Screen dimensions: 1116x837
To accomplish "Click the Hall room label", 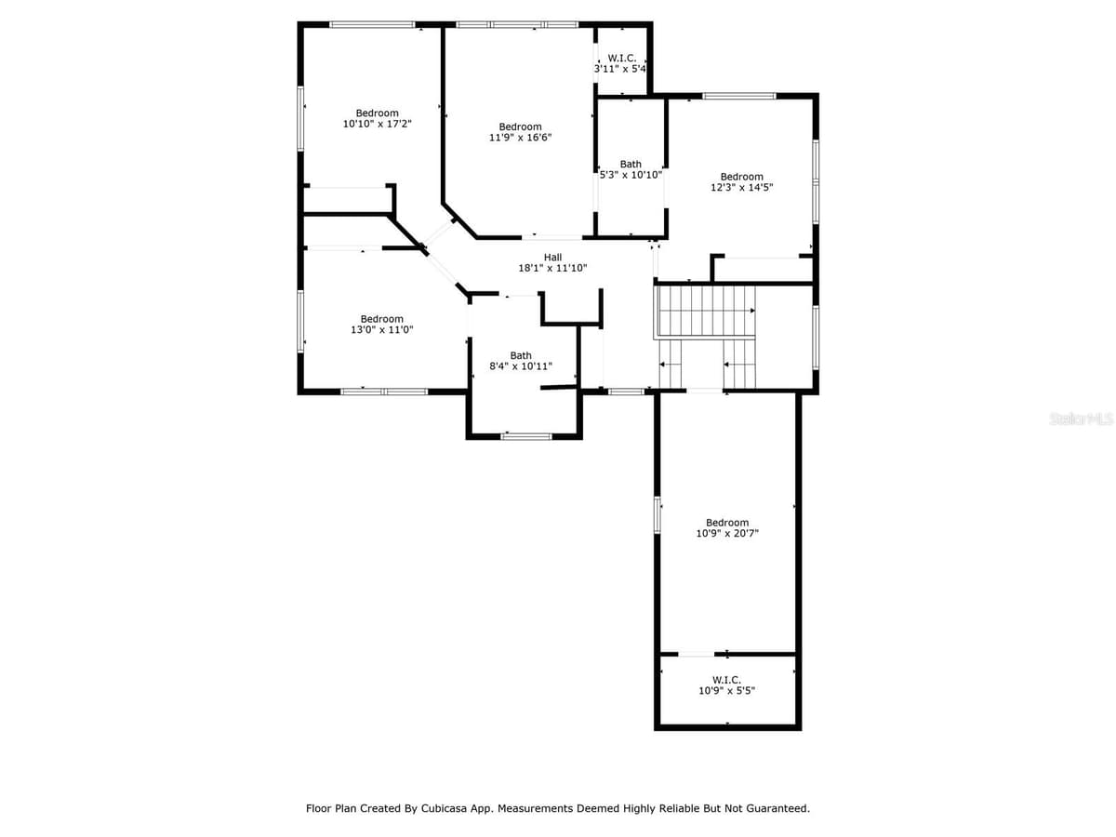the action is [552, 258].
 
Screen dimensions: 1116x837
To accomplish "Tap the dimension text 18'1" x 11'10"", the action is [552, 268].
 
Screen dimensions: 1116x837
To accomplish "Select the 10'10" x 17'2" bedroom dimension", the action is [377, 124].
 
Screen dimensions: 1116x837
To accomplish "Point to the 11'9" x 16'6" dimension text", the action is [520, 138].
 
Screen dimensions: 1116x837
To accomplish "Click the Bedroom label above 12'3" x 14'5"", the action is [742, 177].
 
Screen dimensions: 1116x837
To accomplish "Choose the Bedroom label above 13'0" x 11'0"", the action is [382, 319].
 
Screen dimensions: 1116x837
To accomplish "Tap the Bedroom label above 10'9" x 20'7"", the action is [727, 523].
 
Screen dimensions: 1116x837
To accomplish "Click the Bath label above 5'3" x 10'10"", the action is [631, 165].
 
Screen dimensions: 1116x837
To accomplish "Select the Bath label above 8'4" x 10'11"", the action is [521, 356].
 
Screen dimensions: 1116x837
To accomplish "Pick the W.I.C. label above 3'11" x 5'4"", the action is [622, 59].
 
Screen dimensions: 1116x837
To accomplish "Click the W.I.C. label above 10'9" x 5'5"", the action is [726, 680].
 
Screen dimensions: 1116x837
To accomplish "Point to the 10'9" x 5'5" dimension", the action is [726, 691].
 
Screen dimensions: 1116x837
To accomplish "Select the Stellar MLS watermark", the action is [1081, 418].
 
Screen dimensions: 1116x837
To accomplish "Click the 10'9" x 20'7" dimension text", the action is [727, 533].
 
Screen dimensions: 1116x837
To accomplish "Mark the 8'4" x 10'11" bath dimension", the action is [521, 365].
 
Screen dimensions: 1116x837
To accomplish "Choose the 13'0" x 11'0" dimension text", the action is [382, 329].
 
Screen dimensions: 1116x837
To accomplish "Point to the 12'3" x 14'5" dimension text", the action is [742, 187].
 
